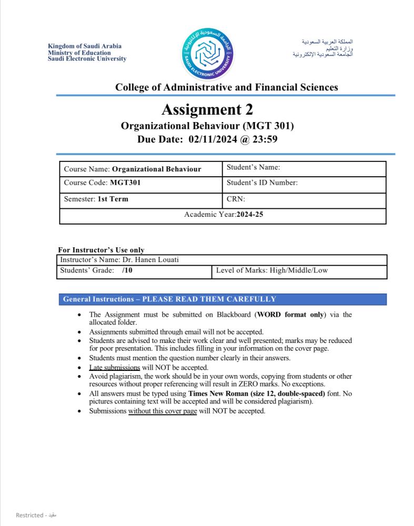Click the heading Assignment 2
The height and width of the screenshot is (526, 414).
(207, 109)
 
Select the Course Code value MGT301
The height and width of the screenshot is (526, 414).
(125, 183)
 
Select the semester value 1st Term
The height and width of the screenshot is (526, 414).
(113, 199)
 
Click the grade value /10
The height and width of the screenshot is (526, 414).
(126, 270)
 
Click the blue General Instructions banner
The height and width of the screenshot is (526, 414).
(224, 299)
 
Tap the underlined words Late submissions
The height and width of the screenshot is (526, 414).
(114, 368)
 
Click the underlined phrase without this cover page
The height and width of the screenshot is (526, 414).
(163, 411)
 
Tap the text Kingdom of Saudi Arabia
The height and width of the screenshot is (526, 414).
(77, 47)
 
